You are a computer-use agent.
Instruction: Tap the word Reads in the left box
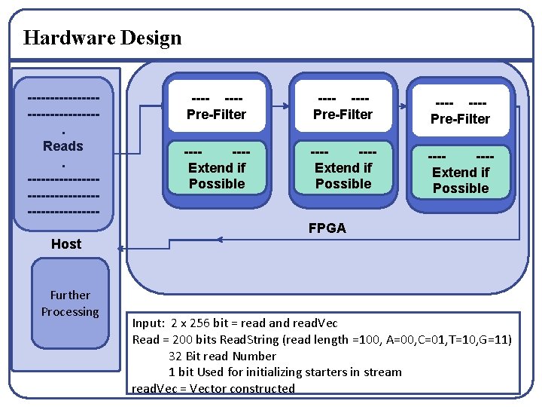(63, 145)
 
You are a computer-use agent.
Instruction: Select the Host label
(66, 243)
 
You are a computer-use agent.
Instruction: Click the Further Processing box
(70, 304)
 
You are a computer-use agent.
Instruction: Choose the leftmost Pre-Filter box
(217, 106)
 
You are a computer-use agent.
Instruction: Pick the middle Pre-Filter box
(343, 106)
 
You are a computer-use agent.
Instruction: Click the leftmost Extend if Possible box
(217, 168)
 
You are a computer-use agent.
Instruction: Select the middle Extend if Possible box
(343, 168)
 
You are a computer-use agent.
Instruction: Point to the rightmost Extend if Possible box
(460, 173)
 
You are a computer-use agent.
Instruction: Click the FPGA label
(327, 228)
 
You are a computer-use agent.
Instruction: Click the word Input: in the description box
(148, 323)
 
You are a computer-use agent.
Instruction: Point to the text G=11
(493, 340)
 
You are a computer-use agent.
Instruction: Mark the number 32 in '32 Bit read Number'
(175, 357)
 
